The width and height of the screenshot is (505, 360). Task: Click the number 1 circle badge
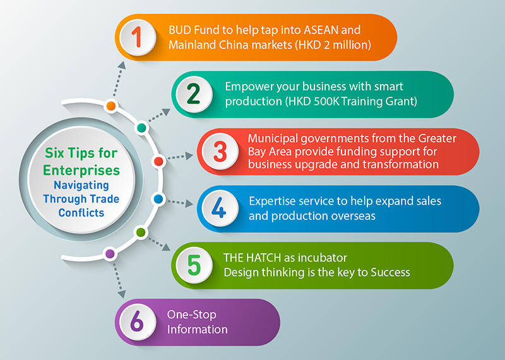138,37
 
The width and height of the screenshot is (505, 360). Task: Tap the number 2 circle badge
194,94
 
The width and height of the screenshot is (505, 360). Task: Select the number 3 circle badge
220,152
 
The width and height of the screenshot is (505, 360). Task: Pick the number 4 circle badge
220,208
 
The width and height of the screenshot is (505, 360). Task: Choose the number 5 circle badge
194,265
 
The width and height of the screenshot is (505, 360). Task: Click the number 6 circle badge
138,322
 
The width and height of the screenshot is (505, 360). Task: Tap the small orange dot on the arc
111,105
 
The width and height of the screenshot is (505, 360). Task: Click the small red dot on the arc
158,161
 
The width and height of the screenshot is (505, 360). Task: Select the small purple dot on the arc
110,254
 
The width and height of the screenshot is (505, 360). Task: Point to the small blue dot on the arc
158,199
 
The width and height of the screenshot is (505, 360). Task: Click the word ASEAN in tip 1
321,30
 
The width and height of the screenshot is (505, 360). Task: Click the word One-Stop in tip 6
192,315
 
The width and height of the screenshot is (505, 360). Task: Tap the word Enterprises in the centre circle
81,171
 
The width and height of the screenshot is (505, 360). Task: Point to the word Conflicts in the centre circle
81,213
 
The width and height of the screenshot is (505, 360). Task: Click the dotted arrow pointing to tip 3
180,157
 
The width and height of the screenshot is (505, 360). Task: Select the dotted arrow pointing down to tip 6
118,279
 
